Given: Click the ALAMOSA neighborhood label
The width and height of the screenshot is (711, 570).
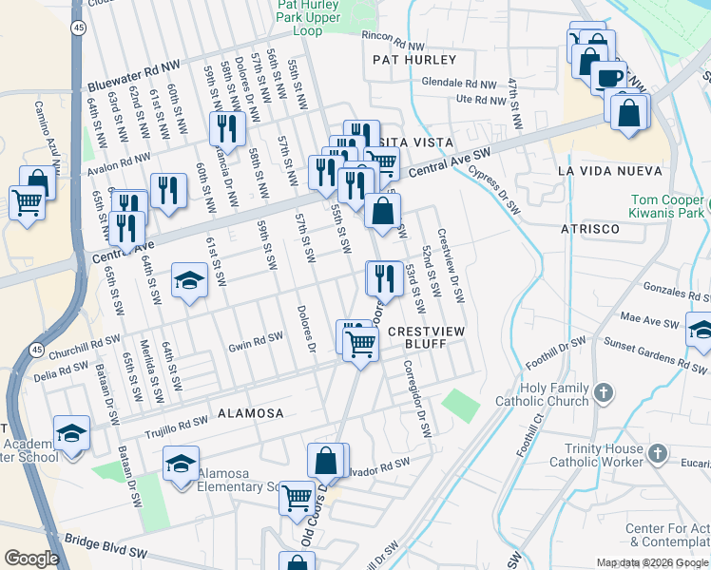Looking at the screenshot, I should click(250, 413).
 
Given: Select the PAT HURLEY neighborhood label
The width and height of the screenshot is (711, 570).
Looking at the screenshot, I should click(414, 59).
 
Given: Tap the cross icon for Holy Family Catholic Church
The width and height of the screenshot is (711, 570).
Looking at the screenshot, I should click(604, 392).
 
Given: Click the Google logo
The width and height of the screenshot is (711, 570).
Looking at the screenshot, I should click(31, 558).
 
